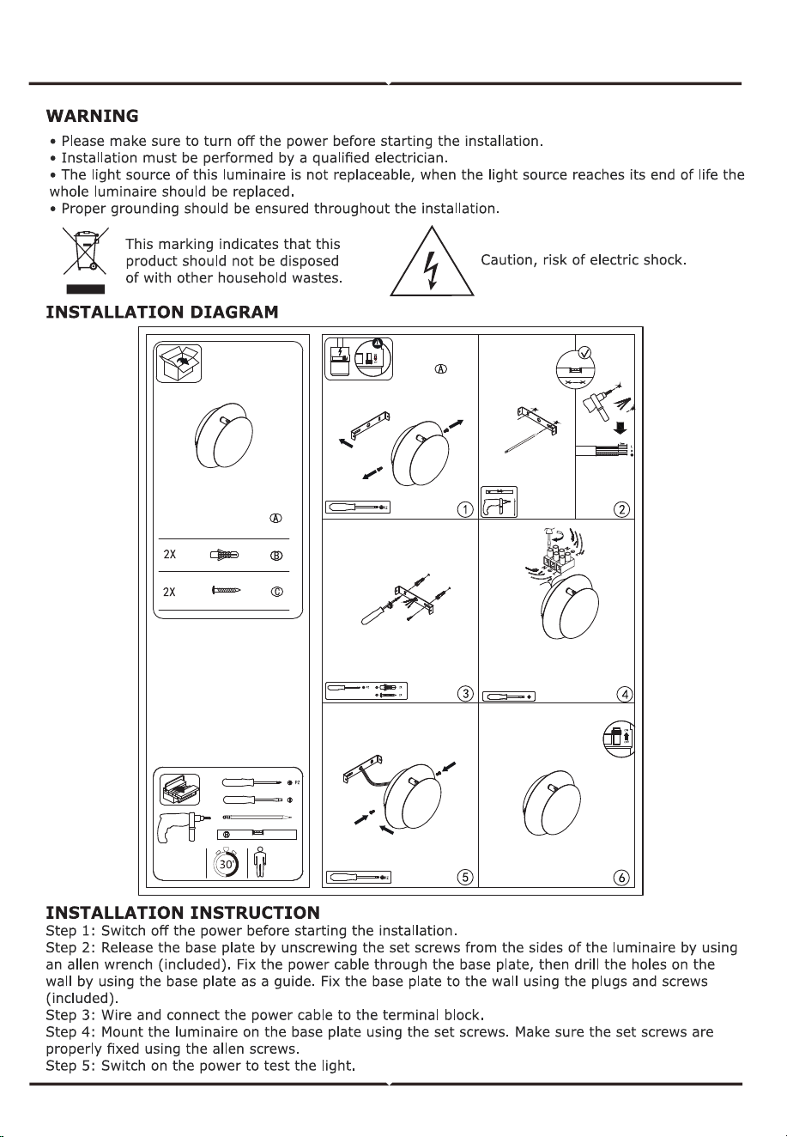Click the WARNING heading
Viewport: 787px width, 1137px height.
pyautogui.click(x=92, y=116)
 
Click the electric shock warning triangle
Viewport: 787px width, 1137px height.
pyautogui.click(x=432, y=261)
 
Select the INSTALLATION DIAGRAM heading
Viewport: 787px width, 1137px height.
pyautogui.click(x=162, y=312)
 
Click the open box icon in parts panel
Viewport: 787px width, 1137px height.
pyautogui.click(x=179, y=363)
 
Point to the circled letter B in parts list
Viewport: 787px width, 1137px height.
pyautogui.click(x=276, y=556)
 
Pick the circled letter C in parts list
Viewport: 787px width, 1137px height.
pyautogui.click(x=276, y=592)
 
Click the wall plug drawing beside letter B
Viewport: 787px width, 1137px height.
pyautogui.click(x=224, y=555)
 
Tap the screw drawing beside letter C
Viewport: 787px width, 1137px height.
pyautogui.click(x=226, y=590)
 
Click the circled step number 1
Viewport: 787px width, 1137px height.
pyautogui.click(x=465, y=508)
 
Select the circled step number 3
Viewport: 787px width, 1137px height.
pyautogui.click(x=465, y=693)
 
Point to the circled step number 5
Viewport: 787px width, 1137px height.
pyautogui.click(x=465, y=878)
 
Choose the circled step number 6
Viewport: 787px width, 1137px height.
pyautogui.click(x=621, y=878)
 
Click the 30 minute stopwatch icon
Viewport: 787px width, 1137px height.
pyautogui.click(x=227, y=863)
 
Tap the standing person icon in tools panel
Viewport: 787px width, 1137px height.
pyautogui.click(x=260, y=862)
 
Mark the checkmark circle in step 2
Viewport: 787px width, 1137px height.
pyautogui.click(x=584, y=352)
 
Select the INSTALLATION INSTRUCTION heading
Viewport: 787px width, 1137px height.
pyautogui.click(x=183, y=913)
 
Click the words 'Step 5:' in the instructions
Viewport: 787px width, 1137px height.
pyautogui.click(x=70, y=1066)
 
